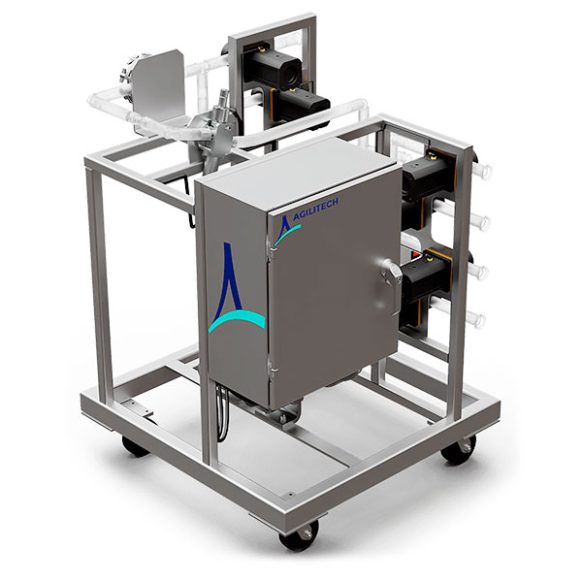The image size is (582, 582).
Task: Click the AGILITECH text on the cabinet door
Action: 315,210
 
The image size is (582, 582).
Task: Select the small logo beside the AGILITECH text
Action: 286,230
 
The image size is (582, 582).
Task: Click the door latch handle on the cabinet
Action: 392,282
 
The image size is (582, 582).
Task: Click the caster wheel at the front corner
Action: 299,535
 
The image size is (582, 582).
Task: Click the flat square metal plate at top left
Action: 159,86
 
